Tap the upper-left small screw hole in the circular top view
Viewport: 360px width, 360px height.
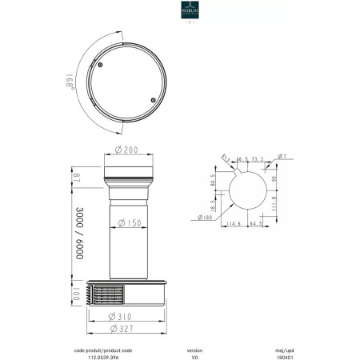(x=102, y=63)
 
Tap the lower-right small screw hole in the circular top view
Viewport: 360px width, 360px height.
(x=153, y=100)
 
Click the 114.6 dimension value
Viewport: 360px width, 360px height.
(x=234, y=225)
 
